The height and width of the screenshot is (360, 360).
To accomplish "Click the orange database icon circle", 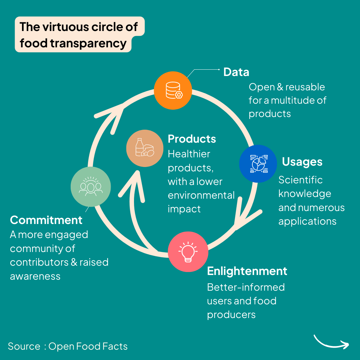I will point(173,90).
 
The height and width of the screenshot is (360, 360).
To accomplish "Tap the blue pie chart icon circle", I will point(258,164).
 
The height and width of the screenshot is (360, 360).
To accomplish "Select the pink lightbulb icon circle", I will point(188,252).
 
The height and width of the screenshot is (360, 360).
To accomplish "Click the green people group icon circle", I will point(91,187).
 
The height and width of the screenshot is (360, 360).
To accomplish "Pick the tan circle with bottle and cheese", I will point(145,148).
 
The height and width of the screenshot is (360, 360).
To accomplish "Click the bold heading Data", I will point(236,72).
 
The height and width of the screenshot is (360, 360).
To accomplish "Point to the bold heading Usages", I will point(302,162).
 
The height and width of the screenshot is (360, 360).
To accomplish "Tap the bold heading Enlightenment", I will point(247,271).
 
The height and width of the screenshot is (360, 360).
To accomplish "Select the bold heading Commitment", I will point(46,220).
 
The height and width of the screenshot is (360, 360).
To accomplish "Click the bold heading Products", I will point(192,139).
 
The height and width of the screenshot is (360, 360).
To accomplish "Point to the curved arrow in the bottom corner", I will point(331,342).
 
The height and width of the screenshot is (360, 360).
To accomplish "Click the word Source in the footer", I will point(24,346).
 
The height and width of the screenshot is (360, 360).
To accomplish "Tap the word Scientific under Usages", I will point(300,180).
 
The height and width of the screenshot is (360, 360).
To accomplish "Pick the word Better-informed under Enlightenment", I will point(246,287).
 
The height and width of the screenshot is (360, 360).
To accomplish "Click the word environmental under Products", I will point(201,195).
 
